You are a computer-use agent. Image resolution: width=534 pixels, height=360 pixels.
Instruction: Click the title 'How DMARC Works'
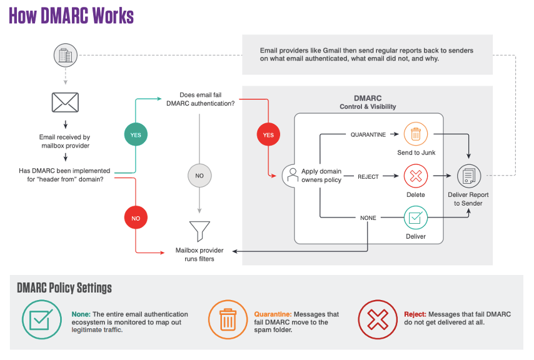(x=71, y=16)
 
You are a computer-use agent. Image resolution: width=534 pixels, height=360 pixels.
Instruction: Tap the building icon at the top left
(x=65, y=55)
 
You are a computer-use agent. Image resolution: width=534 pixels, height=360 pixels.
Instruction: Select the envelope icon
(x=65, y=102)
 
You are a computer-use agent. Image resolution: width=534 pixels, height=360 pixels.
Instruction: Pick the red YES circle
(x=268, y=134)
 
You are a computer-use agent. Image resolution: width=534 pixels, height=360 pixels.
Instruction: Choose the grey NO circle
(x=199, y=176)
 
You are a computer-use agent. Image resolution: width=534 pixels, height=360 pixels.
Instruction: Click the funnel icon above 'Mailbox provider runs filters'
(x=199, y=230)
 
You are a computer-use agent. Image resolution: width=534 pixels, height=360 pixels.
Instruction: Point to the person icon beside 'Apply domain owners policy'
(x=291, y=176)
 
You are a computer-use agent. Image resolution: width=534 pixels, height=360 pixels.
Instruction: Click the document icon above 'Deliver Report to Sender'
(x=468, y=176)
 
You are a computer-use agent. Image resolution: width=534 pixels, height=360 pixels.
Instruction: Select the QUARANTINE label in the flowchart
(x=368, y=134)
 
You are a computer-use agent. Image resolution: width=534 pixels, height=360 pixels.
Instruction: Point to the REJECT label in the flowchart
(x=368, y=176)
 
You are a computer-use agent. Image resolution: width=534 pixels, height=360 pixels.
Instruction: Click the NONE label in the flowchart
(x=368, y=218)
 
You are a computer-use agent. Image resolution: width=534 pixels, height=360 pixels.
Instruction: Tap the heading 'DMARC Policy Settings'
(x=64, y=287)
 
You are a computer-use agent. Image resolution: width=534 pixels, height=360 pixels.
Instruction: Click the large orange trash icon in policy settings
(x=227, y=319)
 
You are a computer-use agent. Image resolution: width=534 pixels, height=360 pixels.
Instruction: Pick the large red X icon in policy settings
(x=377, y=319)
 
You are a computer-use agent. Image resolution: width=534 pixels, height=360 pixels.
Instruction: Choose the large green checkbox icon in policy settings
(x=41, y=319)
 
